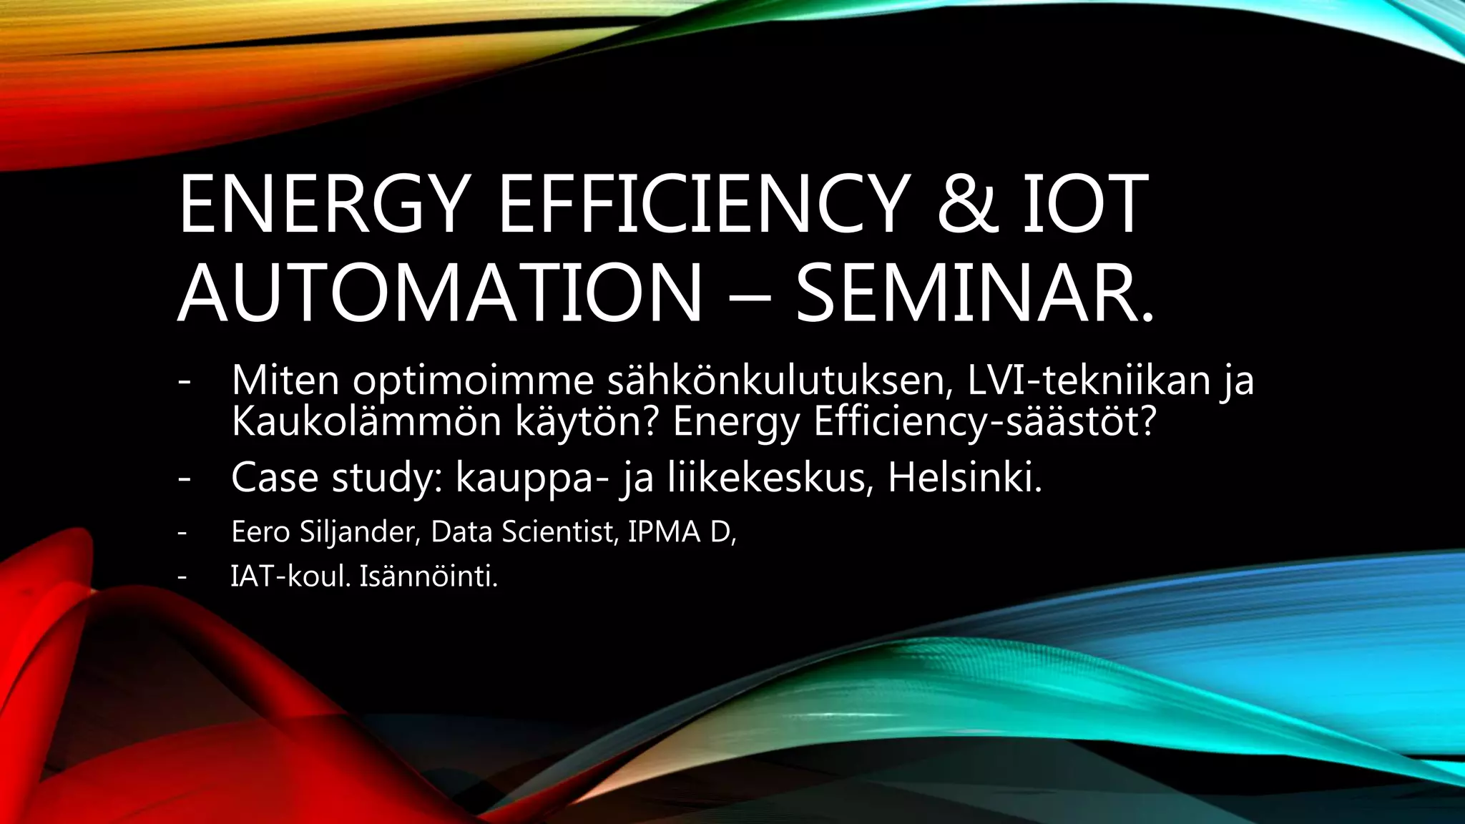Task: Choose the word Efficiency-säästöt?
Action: (984, 422)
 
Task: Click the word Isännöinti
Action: (428, 577)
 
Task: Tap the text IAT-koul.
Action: (290, 577)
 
